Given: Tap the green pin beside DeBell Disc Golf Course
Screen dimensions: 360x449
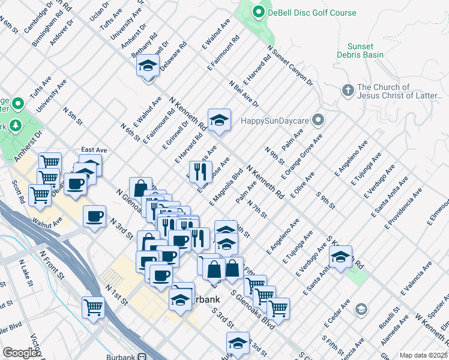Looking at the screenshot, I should click(x=259, y=12).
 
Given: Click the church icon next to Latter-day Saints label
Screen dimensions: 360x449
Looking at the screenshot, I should click(x=347, y=91).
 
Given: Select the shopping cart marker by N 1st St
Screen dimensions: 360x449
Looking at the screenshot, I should click(x=94, y=307).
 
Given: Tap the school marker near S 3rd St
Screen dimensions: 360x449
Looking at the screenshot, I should click(x=238, y=343).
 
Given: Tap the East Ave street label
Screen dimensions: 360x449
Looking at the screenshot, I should click(x=94, y=150).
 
